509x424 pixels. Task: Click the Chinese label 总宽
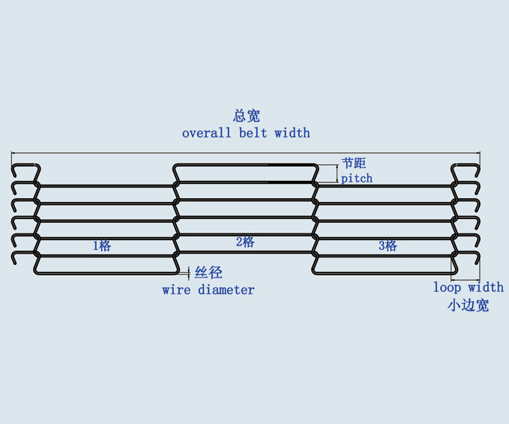pos(246,116)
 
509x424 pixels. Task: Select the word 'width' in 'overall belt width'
pos(292,133)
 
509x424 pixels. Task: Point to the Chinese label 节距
pos(354,163)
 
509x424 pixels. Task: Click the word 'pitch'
pos(357,179)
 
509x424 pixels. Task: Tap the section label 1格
pos(102,245)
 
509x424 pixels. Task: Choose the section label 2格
pos(245,242)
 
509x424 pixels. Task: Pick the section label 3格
pos(388,245)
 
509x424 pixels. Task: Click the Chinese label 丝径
pos(209,273)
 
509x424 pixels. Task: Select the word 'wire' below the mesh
pos(176,290)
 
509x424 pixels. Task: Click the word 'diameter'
pos(226,290)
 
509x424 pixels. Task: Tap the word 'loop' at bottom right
pos(448,287)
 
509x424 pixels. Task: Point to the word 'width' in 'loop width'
pos(486,287)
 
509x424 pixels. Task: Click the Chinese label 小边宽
pos(469,305)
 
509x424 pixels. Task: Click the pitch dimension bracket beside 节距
pos(335,173)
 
